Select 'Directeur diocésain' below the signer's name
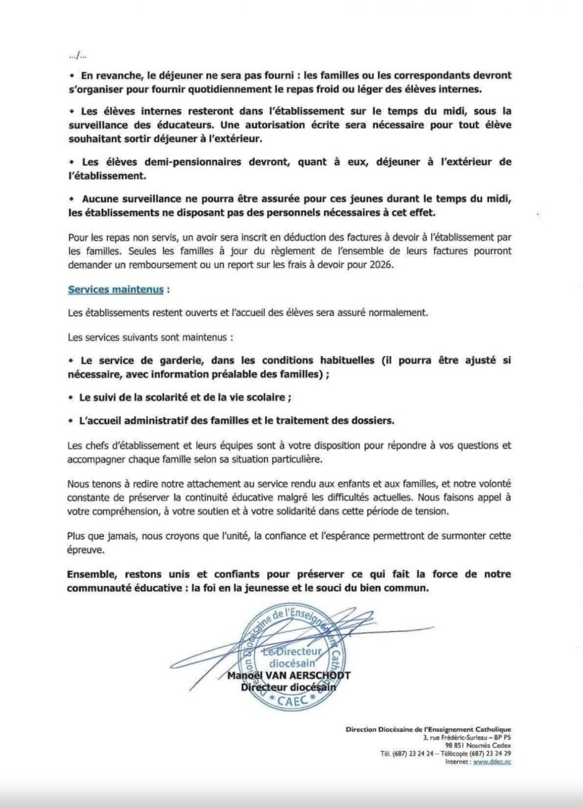(288, 687)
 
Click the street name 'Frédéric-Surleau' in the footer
(461, 738)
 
